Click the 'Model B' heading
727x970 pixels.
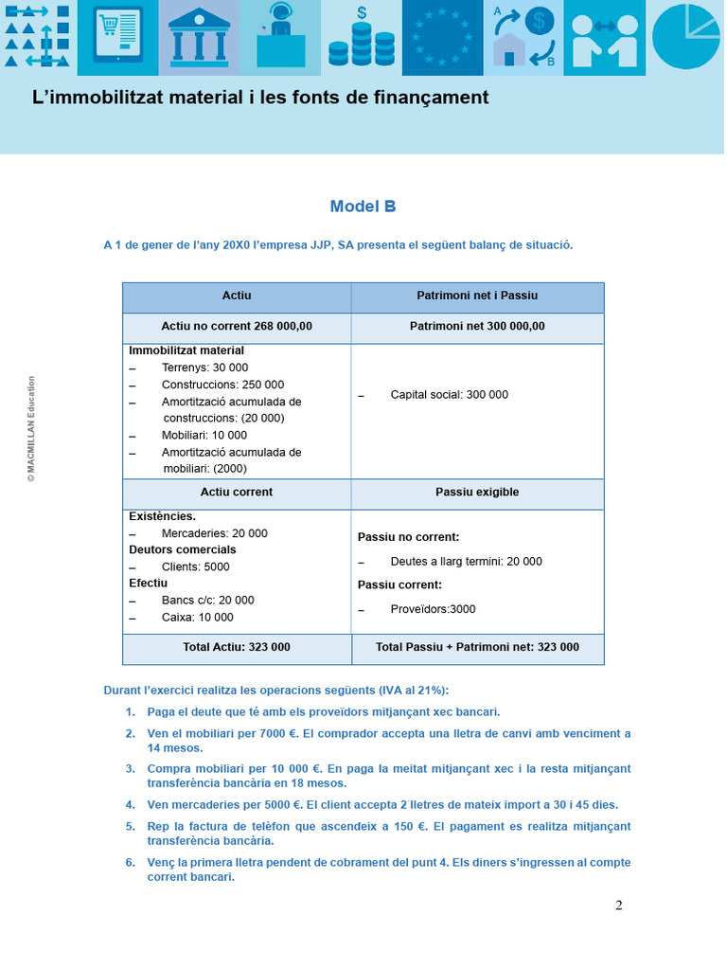pos(363,207)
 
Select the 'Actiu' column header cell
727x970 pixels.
pos(237,296)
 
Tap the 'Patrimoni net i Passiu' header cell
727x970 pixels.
pos(477,296)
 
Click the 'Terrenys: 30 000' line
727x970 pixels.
pos(204,368)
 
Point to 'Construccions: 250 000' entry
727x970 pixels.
pos(222,385)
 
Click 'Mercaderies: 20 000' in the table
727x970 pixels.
pos(214,533)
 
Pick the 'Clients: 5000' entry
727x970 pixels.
pos(195,567)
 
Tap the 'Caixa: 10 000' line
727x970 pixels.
pos(197,618)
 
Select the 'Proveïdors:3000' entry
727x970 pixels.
pos(433,609)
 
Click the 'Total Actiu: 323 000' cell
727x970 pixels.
pos(237,648)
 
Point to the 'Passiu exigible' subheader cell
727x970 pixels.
pos(477,493)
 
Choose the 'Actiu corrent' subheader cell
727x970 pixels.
pos(237,493)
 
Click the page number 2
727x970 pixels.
pos(619,905)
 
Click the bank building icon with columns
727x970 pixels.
pos(199,38)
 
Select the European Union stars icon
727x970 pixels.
pos(442,38)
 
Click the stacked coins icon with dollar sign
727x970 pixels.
pos(361,38)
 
